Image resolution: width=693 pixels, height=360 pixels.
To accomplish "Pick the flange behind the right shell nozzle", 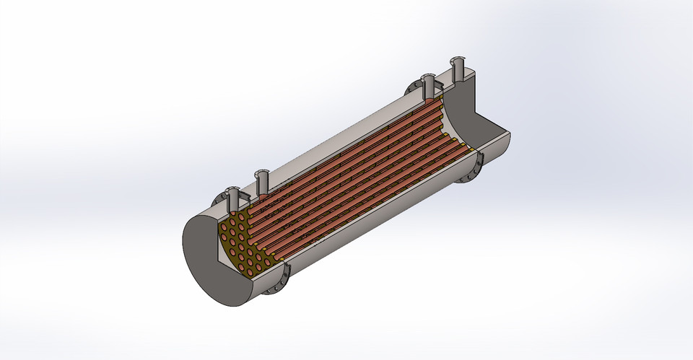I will tap(417, 88).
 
